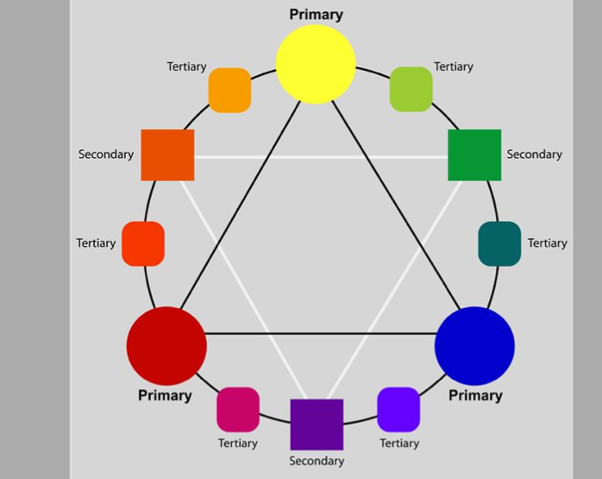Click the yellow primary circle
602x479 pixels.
pyautogui.click(x=316, y=64)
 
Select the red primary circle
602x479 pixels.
pyautogui.click(x=166, y=346)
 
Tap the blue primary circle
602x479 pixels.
pyautogui.click(x=474, y=345)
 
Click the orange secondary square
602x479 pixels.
pyautogui.click(x=167, y=155)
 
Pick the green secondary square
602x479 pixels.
pyautogui.click(x=474, y=155)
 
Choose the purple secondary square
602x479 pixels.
pyautogui.click(x=317, y=424)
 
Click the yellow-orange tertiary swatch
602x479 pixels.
pyautogui.click(x=229, y=90)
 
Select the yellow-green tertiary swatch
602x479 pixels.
pyautogui.click(x=411, y=89)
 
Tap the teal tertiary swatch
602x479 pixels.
pyautogui.click(x=499, y=243)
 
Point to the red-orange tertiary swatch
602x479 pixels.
pyautogui.click(x=143, y=243)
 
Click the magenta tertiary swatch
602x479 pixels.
pyautogui.click(x=237, y=409)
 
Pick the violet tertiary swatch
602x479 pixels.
pyautogui.click(x=398, y=409)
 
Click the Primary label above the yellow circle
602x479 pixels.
pyautogui.click(x=316, y=15)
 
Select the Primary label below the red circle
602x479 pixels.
pyautogui.click(x=165, y=395)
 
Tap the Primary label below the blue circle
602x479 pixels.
pyautogui.click(x=475, y=395)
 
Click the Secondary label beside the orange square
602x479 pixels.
pyautogui.click(x=106, y=154)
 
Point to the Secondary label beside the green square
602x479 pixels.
pyautogui.click(x=534, y=154)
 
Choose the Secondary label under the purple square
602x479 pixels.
pyautogui.click(x=317, y=461)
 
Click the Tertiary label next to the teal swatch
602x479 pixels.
pyautogui.click(x=547, y=243)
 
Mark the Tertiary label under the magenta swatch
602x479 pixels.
pyautogui.click(x=237, y=444)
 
